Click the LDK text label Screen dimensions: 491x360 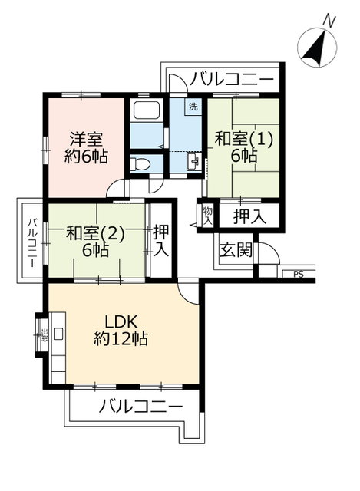[x=121, y=321]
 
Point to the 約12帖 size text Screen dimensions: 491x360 [x=121, y=338]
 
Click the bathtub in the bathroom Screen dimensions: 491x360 [x=146, y=110]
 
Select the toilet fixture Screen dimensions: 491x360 [x=140, y=163]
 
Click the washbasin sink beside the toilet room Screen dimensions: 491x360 [x=193, y=162]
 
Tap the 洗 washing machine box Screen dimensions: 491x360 [x=191, y=107]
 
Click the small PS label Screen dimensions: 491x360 [x=299, y=273]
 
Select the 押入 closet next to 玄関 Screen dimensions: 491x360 [x=249, y=216]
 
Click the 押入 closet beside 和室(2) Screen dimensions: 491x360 [x=160, y=239]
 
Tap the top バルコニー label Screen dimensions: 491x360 [x=232, y=78]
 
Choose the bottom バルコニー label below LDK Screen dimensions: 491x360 [x=140, y=406]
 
